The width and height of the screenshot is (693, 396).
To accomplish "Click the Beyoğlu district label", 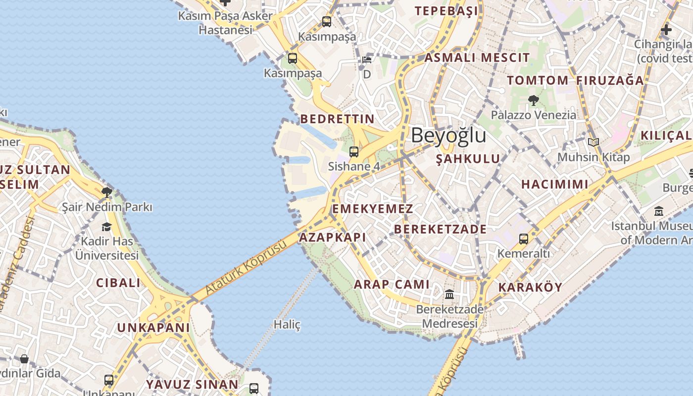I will tap(448, 135).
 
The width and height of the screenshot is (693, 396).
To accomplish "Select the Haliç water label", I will tap(287, 325).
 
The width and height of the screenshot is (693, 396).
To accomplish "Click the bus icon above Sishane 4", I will tap(354, 152).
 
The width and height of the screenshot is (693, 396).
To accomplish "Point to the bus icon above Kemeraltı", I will tap(524, 239).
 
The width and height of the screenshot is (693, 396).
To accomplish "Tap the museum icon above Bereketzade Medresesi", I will tap(449, 295).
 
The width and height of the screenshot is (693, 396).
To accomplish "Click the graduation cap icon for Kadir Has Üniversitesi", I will tap(106, 227).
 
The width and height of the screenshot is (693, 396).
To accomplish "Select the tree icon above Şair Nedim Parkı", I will tap(106, 192).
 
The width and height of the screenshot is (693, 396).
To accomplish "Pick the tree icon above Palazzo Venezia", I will tap(533, 100).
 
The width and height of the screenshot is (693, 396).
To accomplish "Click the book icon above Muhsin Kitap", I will tap(594, 143).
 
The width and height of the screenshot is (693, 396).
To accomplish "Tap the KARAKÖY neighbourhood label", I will tap(530, 287).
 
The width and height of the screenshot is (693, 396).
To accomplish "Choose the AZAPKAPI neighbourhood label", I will tap(333, 237).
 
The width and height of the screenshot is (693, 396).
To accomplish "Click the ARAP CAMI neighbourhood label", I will tap(392, 284).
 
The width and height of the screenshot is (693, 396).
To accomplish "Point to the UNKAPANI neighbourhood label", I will tap(153, 328).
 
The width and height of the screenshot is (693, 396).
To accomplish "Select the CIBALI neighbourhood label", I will tap(118, 283).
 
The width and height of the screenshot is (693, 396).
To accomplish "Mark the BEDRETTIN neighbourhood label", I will tap(338, 119).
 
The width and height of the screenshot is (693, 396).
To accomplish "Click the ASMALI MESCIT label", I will tap(477, 57).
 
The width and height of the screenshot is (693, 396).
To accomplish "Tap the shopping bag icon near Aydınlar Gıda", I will tap(24, 358).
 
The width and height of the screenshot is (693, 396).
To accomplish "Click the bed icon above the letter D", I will tap(367, 60).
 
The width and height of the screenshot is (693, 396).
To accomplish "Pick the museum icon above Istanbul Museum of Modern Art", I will tap(659, 211).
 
